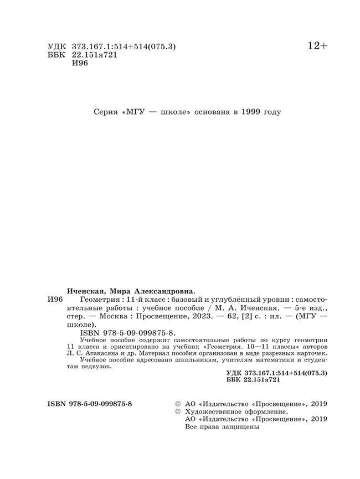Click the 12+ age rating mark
click(317, 47)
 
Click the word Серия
click(106, 112)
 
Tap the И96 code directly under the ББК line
click(80, 63)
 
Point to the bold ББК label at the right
click(235, 381)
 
